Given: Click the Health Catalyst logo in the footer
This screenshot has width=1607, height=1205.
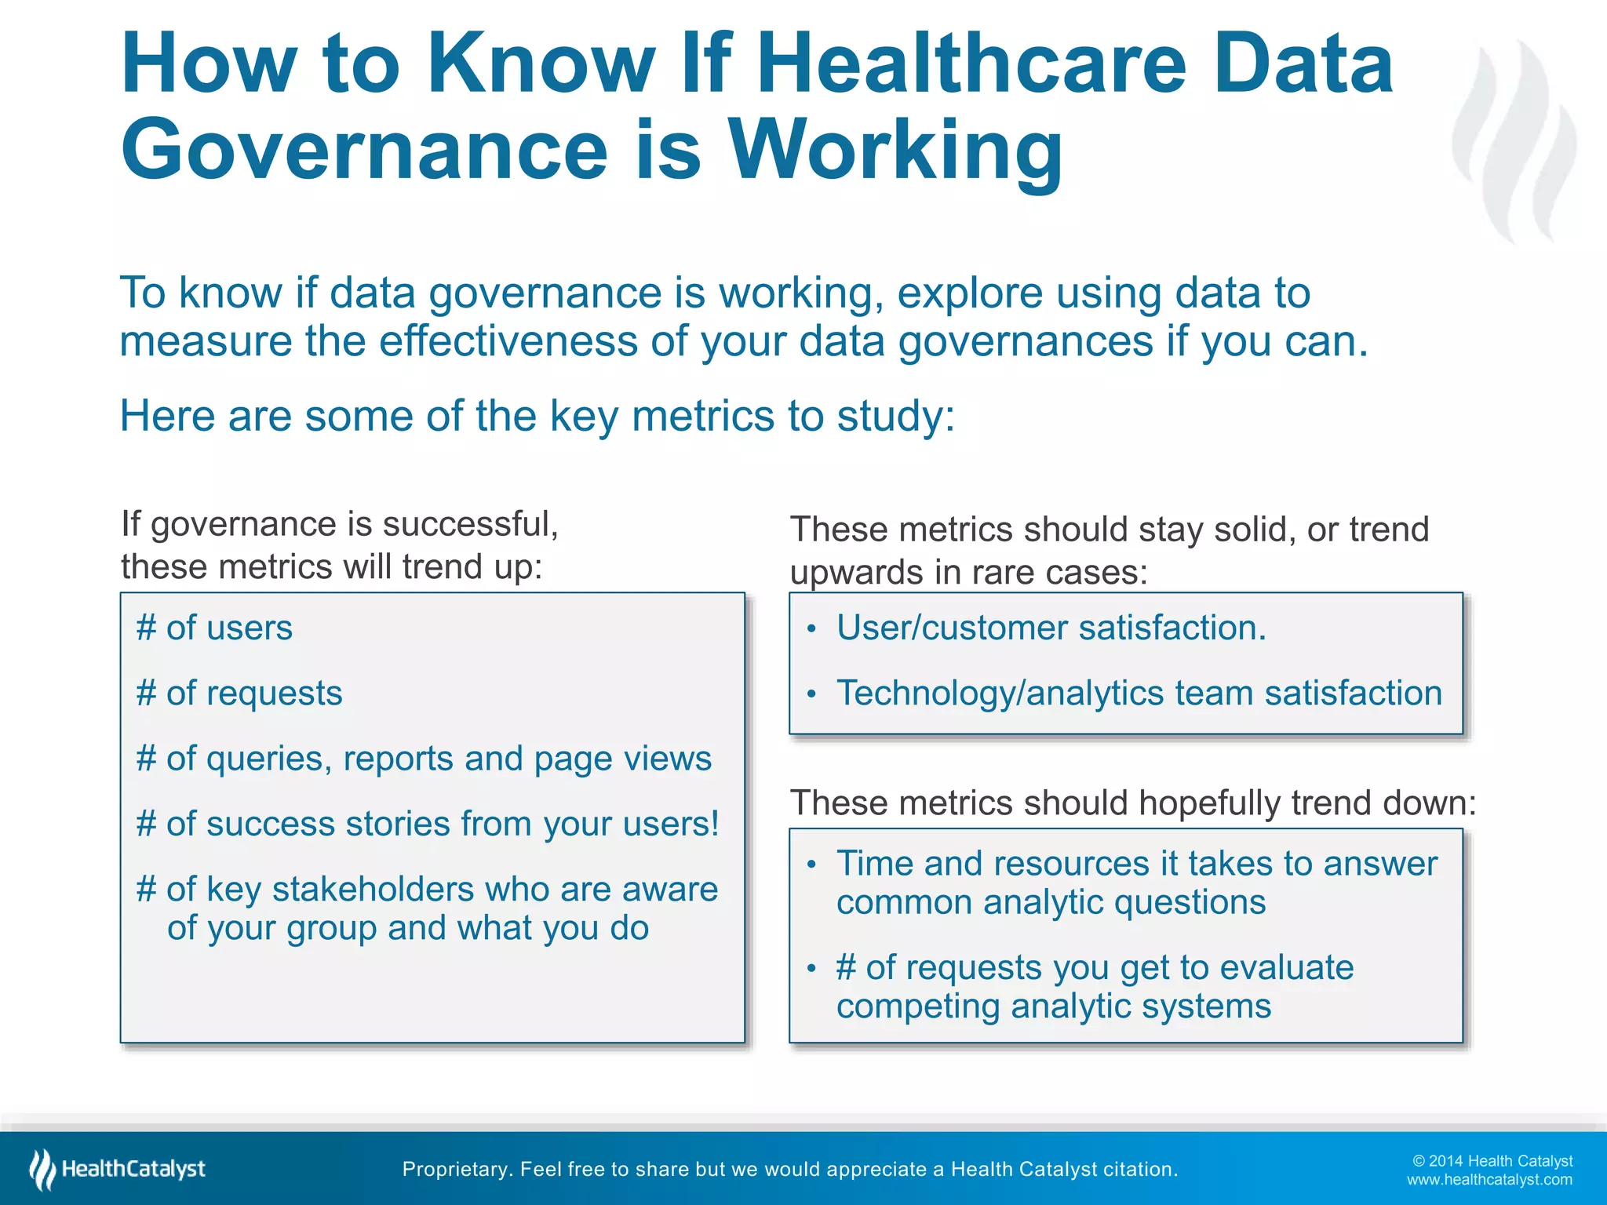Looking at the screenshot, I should pyautogui.click(x=118, y=1169).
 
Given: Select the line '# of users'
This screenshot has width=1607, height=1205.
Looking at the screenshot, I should pyautogui.click(x=214, y=628).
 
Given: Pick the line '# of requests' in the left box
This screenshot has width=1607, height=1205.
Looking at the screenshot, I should pyautogui.click(x=239, y=694).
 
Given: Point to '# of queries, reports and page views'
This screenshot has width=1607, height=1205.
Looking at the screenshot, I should pyautogui.click(x=424, y=759).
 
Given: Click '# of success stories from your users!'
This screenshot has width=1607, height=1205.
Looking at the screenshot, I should pyautogui.click(x=428, y=824).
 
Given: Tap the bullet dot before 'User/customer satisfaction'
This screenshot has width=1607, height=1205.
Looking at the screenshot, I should pyautogui.click(x=812, y=629).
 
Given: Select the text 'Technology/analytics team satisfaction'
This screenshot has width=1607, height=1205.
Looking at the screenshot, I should pyautogui.click(x=1139, y=694).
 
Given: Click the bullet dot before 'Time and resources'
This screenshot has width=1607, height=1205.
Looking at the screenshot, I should pyautogui.click(x=812, y=865).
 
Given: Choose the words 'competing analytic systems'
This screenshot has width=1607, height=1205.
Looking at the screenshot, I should pyautogui.click(x=1053, y=1007).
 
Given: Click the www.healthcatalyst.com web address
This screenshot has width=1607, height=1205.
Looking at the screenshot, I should pyautogui.click(x=1489, y=1180).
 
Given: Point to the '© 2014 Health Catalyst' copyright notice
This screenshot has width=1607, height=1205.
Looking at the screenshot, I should pyautogui.click(x=1492, y=1161).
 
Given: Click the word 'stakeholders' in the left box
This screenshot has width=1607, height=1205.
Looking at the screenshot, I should pyautogui.click(x=373, y=890).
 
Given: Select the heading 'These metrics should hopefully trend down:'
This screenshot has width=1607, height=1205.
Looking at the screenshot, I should pyautogui.click(x=1133, y=803).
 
